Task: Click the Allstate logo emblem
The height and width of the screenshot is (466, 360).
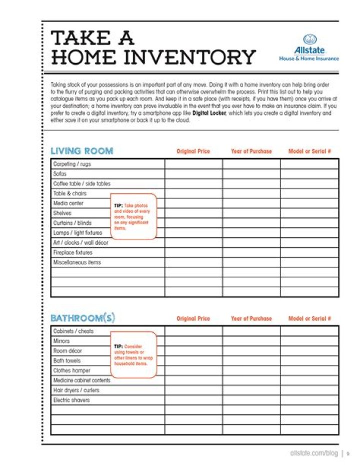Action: [x=308, y=40]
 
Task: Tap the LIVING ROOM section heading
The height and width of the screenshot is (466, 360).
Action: [x=82, y=151]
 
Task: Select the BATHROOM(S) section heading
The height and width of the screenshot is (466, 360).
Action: [x=82, y=318]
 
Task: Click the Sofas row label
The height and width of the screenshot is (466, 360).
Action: [x=60, y=174]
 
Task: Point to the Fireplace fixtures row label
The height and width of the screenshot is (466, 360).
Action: [x=73, y=252]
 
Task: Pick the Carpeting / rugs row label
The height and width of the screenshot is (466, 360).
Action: [x=72, y=164]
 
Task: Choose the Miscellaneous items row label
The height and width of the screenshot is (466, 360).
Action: [x=77, y=262]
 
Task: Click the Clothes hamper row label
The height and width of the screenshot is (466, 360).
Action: [x=72, y=370]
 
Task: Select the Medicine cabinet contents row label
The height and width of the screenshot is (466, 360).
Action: [x=82, y=380]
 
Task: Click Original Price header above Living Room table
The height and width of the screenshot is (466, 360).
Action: [x=193, y=151]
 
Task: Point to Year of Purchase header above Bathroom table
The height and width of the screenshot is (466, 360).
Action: [x=251, y=318]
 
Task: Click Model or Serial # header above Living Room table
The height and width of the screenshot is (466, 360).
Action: [x=309, y=151]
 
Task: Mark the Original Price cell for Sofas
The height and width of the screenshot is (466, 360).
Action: [x=193, y=174]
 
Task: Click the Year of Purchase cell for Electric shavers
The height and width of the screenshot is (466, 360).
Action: [x=251, y=400]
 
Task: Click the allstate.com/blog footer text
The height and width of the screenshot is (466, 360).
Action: [x=313, y=453]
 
